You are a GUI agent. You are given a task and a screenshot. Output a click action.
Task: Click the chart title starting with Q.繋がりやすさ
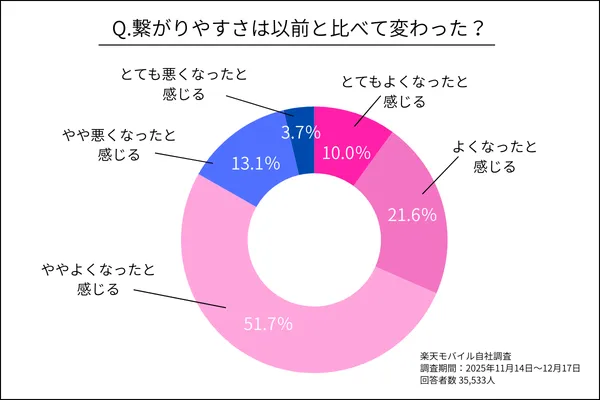click(300, 30)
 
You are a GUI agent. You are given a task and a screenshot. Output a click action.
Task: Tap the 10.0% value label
click(348, 153)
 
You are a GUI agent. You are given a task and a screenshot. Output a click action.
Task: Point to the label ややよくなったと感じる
click(96, 280)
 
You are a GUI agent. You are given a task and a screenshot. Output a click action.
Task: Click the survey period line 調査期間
click(499, 368)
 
